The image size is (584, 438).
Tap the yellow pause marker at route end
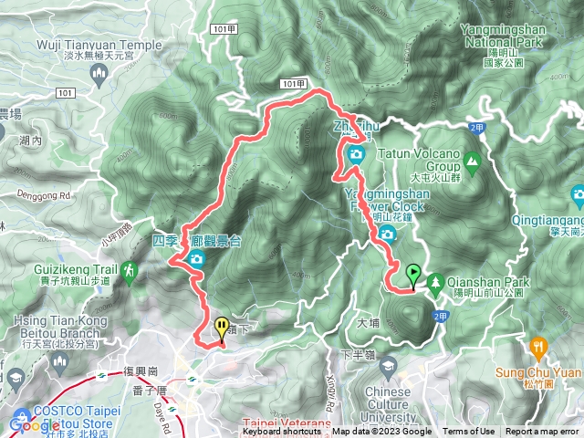(222, 327)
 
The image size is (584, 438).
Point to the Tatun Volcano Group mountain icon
(472, 163)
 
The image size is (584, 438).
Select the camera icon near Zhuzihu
(355, 153)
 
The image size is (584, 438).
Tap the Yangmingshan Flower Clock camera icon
(387, 235)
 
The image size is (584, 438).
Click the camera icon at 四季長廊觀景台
(195, 261)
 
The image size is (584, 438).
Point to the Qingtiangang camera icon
(577, 193)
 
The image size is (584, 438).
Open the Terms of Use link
(468, 432)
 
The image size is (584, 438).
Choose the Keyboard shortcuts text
(281, 432)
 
